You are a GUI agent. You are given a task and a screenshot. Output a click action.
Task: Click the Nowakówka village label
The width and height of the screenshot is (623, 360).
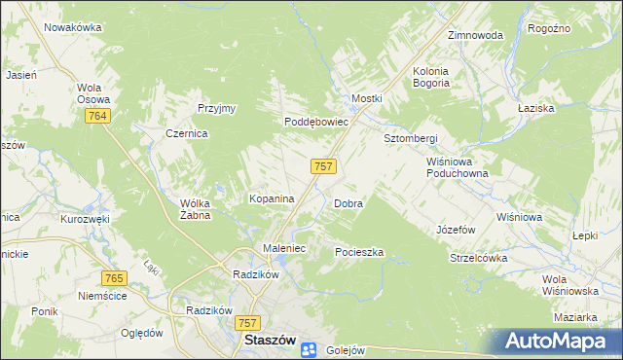(x=74, y=27)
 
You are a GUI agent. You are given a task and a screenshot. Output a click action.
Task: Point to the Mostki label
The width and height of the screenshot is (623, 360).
(x=367, y=99)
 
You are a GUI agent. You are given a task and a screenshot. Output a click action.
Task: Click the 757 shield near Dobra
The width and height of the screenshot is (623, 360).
(x=324, y=166)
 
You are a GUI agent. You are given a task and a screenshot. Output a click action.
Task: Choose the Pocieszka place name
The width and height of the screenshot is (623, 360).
(x=359, y=252)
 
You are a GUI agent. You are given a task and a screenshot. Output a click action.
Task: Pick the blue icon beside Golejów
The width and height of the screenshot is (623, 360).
(x=309, y=349)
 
